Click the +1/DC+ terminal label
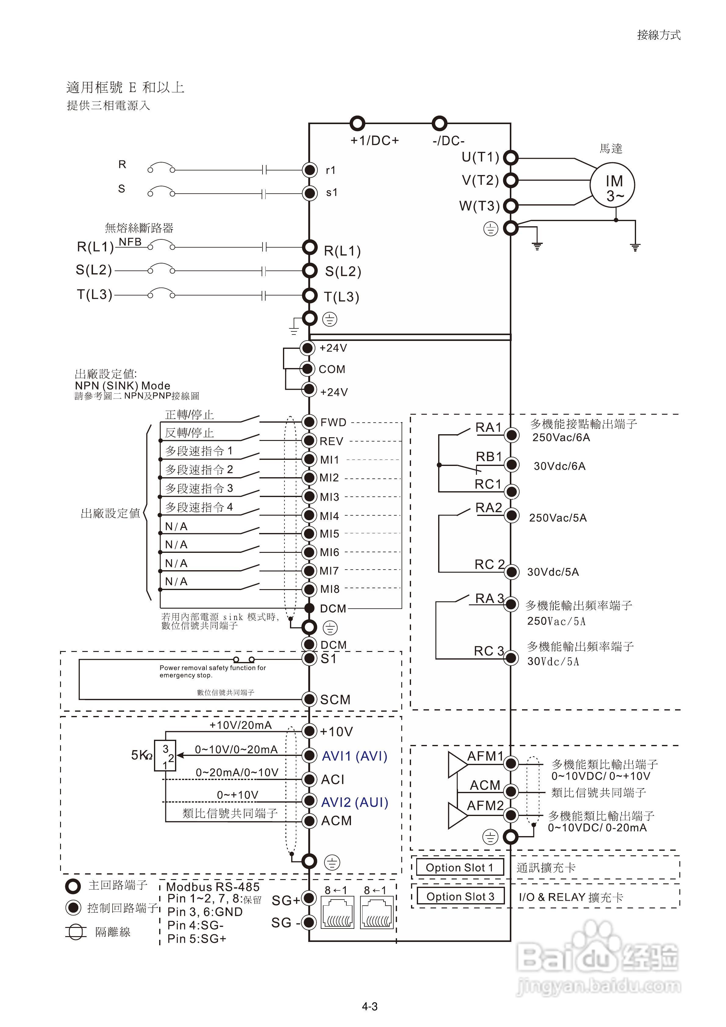tap(374, 141)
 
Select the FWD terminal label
tap(333, 422)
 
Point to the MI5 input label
tap(329, 534)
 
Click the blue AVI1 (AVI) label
tap(354, 756)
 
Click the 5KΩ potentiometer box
tap(165, 756)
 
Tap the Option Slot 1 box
tap(460, 868)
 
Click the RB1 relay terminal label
tap(488, 457)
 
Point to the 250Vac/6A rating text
tap(561, 438)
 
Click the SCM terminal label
tap(335, 700)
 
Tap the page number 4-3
tap(370, 1007)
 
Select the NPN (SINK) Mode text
tap(122, 385)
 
